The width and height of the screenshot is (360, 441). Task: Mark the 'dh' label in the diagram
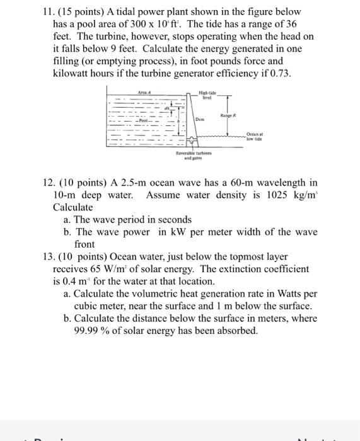pos(168,108)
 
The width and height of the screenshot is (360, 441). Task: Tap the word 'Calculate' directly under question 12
pos(73,207)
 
